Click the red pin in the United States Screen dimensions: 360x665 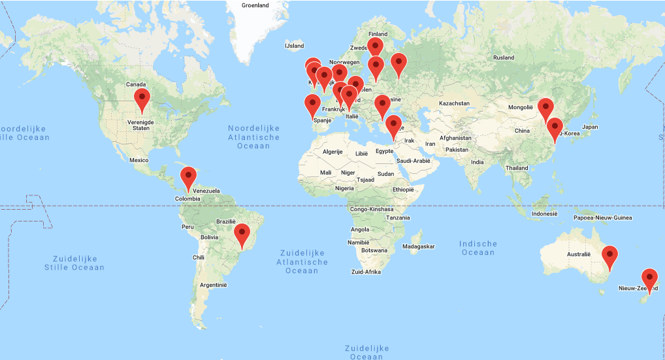click(x=142, y=100)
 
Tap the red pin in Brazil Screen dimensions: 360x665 click(x=242, y=234)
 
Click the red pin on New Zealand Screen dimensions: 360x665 click(x=649, y=279)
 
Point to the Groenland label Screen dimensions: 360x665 click(x=255, y=5)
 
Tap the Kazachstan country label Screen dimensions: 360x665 click(x=454, y=103)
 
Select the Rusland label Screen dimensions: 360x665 click(x=504, y=57)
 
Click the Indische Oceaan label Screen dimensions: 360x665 click(x=478, y=248)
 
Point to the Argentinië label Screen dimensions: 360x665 click(x=213, y=285)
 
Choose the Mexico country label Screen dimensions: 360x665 click(x=140, y=159)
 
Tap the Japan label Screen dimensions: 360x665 click(x=590, y=127)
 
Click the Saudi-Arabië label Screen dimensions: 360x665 click(x=412, y=161)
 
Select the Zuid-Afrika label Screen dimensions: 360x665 click(x=366, y=271)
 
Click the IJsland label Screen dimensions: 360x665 click(x=295, y=46)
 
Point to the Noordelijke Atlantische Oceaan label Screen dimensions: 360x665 click(x=254, y=137)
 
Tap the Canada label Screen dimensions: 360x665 click(x=136, y=84)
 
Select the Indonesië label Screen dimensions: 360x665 click(x=545, y=214)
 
